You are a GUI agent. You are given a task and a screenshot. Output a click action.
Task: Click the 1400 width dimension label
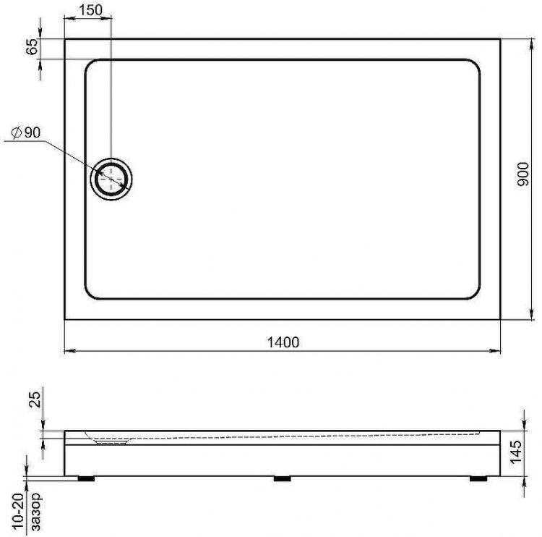283,342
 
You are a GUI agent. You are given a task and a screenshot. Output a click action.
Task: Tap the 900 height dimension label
522,174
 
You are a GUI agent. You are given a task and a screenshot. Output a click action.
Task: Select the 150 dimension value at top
90,10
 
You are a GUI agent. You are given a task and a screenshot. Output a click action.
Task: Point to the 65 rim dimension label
32,46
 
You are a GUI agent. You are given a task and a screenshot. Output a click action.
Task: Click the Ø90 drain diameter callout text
26,132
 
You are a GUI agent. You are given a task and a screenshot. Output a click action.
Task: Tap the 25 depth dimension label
35,399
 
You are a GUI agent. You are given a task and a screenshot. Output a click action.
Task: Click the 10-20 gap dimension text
19,512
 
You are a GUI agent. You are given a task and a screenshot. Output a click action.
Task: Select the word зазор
35,512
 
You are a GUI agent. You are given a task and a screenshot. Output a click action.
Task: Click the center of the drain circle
111,179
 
